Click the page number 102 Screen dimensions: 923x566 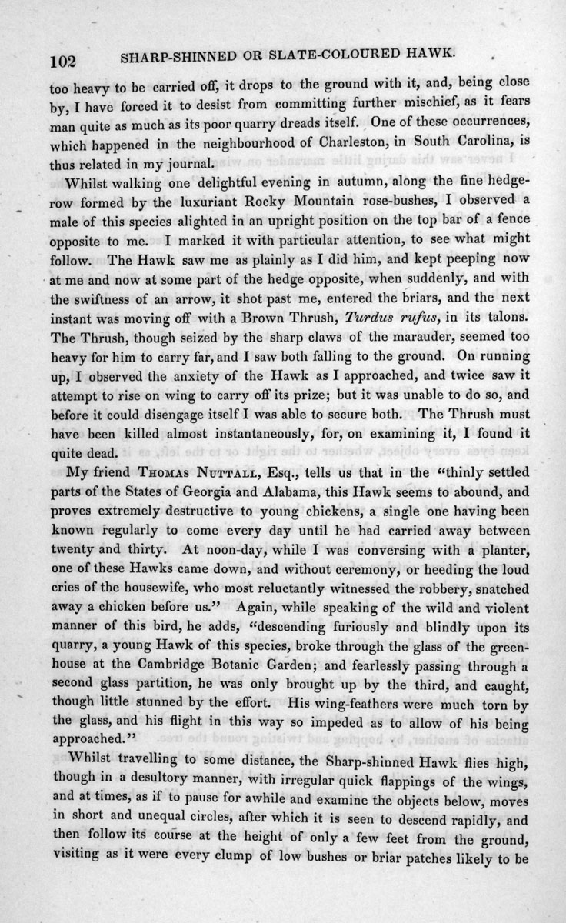64,58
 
